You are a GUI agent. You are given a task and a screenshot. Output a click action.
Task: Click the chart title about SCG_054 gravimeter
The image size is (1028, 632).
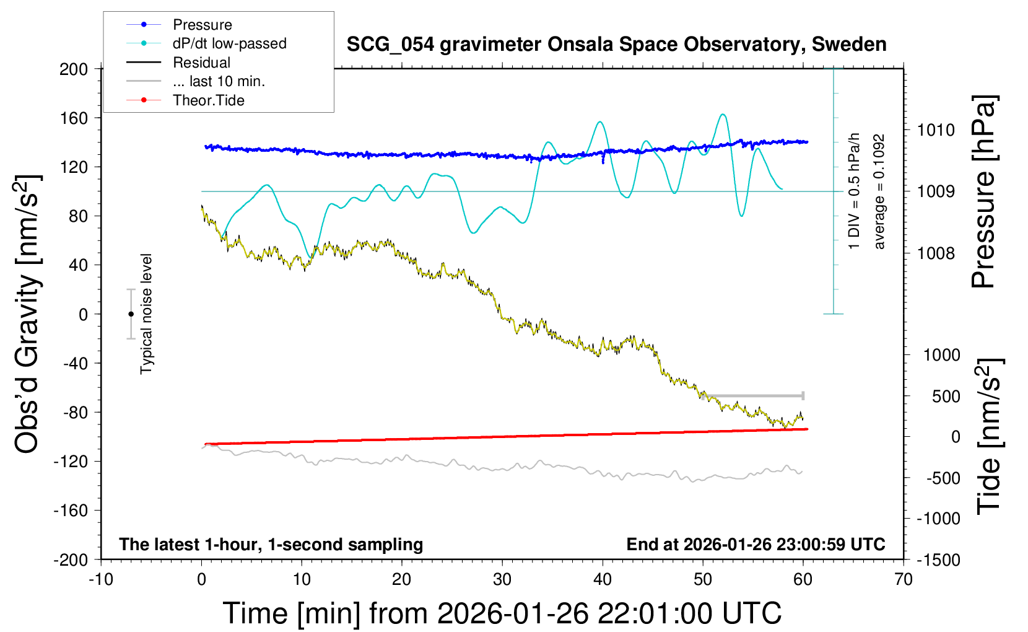pyautogui.click(x=616, y=45)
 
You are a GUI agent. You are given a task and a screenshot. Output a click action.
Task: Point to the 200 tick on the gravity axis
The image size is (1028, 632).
pyautogui.click(x=74, y=69)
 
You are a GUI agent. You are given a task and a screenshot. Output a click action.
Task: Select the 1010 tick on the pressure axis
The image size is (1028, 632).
pyautogui.click(x=936, y=130)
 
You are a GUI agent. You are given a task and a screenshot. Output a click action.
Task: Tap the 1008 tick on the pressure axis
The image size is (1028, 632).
pyautogui.click(x=936, y=253)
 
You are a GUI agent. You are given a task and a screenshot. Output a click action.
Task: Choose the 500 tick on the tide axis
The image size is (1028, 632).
pyautogui.click(x=946, y=397)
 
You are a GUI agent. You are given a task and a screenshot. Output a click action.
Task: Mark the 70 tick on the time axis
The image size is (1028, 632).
pyautogui.click(x=904, y=580)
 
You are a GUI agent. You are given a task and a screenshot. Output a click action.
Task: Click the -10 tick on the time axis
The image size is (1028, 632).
pyautogui.click(x=101, y=580)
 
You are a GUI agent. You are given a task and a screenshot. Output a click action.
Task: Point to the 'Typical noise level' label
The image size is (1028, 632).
pyautogui.click(x=146, y=314)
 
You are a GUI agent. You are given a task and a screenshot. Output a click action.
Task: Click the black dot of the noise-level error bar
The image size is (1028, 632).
pyautogui.click(x=131, y=314)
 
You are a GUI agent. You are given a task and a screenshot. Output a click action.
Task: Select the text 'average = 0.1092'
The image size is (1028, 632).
pyautogui.click(x=879, y=192)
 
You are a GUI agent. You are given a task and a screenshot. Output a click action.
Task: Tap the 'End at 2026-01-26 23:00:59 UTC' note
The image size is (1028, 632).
pyautogui.click(x=756, y=545)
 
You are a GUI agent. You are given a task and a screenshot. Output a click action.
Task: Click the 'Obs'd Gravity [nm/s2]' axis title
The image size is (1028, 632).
pyautogui.click(x=28, y=314)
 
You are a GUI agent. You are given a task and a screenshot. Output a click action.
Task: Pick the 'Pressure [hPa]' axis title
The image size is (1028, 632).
pyautogui.click(x=983, y=192)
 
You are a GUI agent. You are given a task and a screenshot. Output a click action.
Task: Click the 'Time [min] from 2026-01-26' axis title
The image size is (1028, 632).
pyautogui.click(x=502, y=613)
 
